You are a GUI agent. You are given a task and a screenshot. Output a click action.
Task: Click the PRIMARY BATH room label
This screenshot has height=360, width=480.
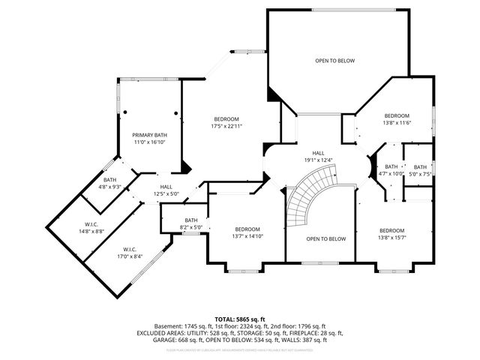[149, 135]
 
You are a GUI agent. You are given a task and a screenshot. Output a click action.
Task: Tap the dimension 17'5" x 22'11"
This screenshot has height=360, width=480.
[226, 127]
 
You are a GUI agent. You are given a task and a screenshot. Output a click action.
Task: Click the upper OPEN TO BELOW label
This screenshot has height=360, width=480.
[334, 61]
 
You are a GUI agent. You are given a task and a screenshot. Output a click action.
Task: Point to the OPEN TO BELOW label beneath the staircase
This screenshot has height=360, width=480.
[326, 238]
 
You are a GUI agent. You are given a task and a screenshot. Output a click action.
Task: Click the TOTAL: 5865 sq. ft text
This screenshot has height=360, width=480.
[240, 319]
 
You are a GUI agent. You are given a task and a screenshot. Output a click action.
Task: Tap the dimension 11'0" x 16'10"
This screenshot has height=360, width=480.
[149, 142]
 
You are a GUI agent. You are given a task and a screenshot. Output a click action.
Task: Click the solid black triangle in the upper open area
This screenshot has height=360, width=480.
[274, 94]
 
